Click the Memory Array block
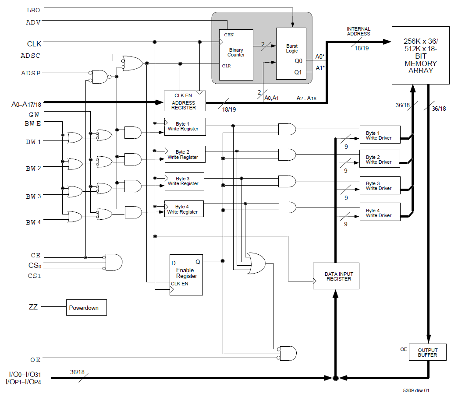pos(420,55)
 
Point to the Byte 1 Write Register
pos(185,126)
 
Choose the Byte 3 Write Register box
pos(185,181)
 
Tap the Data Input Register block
pos(336,276)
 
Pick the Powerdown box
pos(86,308)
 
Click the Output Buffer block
pos(427,352)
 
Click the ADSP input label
pos(31,73)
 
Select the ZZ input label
pos(33,307)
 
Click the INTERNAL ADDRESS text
pos(358,31)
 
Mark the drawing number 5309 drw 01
pos(417,390)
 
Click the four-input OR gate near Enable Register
pos(256,263)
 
